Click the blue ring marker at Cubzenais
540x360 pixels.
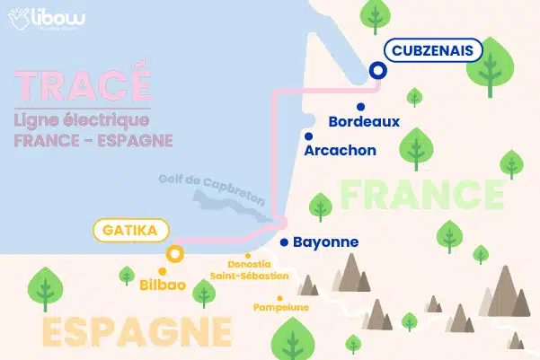point(379,72)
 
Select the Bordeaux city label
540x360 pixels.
point(364,120)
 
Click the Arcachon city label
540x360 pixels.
point(341,150)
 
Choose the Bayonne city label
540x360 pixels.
point(326,242)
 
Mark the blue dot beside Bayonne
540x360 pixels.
point(284,242)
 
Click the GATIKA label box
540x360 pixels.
point(128,231)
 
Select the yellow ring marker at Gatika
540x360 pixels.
point(175,253)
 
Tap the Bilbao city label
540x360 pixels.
point(163,285)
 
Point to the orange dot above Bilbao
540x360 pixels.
point(162,270)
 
